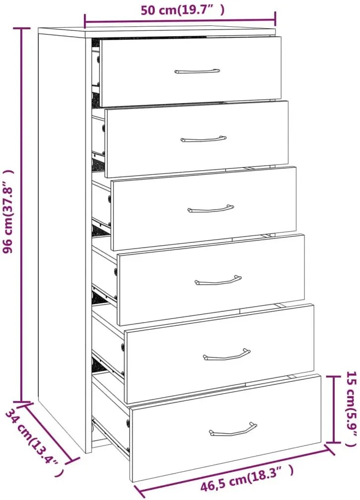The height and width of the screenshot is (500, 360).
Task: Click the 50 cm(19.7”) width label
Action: (182, 10)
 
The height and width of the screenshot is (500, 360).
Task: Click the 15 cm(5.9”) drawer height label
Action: (351, 409)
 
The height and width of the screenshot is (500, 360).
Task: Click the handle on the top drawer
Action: (197, 71)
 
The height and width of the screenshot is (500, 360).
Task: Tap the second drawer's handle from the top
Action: (204, 139)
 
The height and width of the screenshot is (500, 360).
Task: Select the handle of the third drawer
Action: (211, 209)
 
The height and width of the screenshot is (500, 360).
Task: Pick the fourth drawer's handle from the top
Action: (218, 281)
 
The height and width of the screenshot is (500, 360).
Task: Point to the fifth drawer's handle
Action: (227, 355)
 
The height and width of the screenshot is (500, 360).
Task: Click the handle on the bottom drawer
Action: (233, 429)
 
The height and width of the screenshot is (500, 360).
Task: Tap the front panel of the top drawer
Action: (191, 71)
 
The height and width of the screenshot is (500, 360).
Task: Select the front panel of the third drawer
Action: (204, 208)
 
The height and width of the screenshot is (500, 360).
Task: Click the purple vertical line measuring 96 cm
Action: (22, 214)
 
